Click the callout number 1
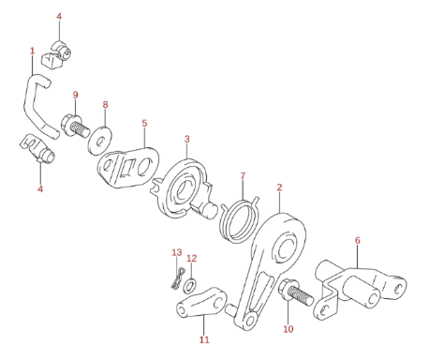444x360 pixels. tap(32, 51)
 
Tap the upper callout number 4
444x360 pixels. tap(59, 16)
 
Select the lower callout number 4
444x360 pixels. tap(40, 188)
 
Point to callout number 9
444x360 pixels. tap(75, 95)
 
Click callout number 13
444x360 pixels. tap(177, 252)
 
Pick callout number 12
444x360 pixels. tap(192, 259)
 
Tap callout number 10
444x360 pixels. tap(289, 329)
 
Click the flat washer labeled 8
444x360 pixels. tap(100, 141)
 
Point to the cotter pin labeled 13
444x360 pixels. tap(178, 278)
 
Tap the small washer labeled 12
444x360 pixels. tap(190, 285)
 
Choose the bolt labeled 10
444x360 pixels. tap(295, 292)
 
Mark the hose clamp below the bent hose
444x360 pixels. tap(38, 149)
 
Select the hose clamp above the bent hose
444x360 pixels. tap(57, 54)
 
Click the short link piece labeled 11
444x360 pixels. tap(202, 302)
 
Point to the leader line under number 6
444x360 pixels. tap(357, 257)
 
